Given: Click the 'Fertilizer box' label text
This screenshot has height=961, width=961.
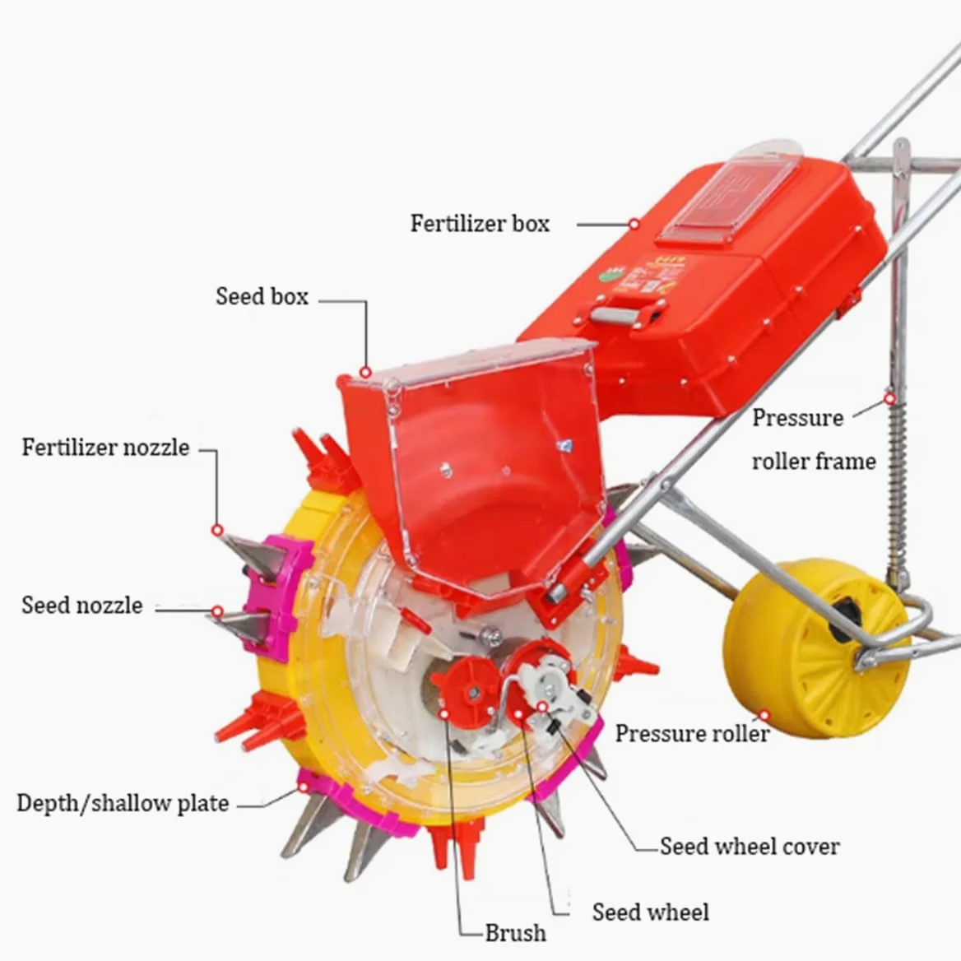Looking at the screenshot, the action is click(x=480, y=224).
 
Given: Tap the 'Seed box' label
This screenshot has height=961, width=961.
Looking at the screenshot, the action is click(x=262, y=297).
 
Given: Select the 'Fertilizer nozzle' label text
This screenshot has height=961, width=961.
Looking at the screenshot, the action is click(x=105, y=448).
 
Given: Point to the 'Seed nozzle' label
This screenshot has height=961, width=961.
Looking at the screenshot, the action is click(x=82, y=606).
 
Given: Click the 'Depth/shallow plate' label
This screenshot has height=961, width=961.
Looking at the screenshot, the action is click(x=123, y=804).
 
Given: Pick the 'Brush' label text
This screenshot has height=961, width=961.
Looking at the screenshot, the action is click(x=515, y=933).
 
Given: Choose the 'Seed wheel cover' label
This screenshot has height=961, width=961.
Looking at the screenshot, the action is click(x=750, y=847).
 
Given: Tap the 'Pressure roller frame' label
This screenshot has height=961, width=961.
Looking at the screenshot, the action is click(x=814, y=439).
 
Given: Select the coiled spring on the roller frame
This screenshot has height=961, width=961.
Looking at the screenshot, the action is click(x=898, y=484).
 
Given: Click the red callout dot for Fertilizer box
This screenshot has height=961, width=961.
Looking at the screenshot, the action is click(x=634, y=225).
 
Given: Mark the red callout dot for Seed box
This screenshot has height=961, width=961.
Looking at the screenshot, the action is click(x=365, y=372).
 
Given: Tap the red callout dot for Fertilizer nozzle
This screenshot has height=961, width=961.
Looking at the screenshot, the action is click(x=217, y=530).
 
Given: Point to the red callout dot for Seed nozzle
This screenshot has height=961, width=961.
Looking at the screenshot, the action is click(x=217, y=611).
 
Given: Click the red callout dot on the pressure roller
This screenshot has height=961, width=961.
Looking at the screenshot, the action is click(x=764, y=715).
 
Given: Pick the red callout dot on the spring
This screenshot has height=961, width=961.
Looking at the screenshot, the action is click(x=890, y=399).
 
